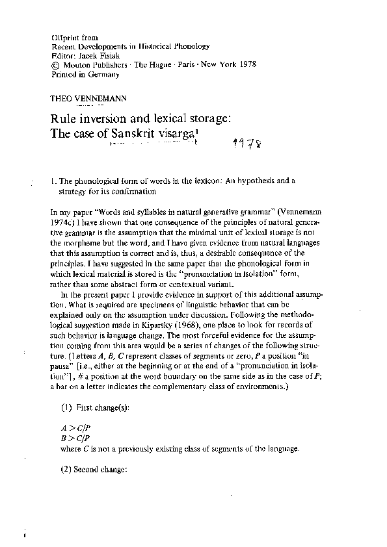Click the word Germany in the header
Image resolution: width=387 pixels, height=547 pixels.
[103, 75]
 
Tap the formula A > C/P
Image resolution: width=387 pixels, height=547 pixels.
[65, 429]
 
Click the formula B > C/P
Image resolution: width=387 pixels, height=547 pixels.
[65, 438]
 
